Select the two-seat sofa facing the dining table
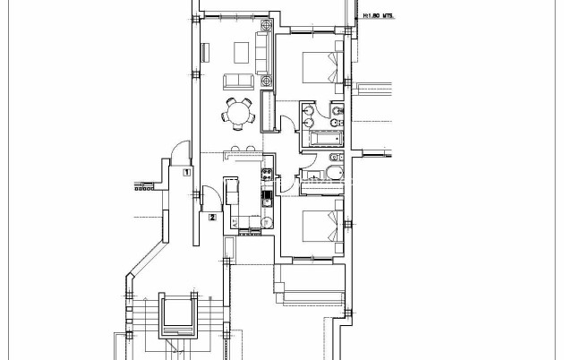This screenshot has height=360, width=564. (x=237, y=81)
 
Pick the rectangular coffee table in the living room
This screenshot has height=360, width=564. (x=240, y=49)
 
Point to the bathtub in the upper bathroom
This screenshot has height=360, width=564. (x=321, y=138)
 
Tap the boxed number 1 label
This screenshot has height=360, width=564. (x=185, y=170)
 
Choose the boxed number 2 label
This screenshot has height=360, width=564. (x=211, y=216)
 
